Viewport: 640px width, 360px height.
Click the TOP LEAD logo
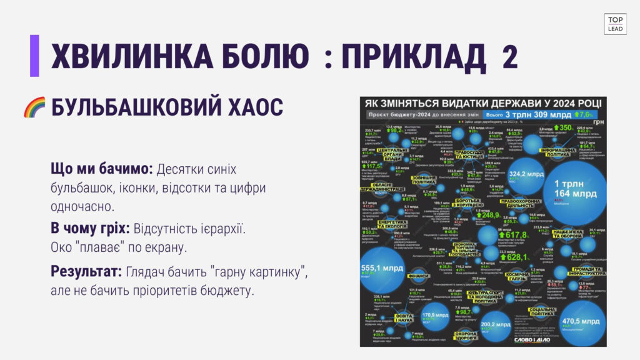point(615,24)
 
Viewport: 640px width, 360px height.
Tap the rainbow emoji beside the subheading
point(34,107)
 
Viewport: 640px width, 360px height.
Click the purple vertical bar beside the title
point(34,56)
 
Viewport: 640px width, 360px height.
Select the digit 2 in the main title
point(509,57)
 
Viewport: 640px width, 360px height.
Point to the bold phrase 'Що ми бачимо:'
point(101,169)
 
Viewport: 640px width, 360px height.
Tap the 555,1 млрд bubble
point(382,269)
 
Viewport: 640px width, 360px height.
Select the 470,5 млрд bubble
point(582,321)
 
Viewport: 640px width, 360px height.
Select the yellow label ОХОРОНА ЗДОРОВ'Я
point(466,337)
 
